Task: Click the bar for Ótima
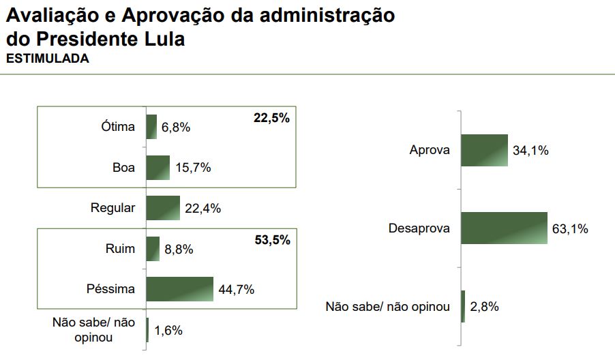[151, 127]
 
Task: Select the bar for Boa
[157, 168]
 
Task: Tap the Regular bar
[163, 208]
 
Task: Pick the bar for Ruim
[153, 249]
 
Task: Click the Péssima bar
[180, 289]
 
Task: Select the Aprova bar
[485, 150]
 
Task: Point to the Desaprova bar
[504, 228]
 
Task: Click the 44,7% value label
[237, 290]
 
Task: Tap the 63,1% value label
[570, 229]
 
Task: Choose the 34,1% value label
[531, 151]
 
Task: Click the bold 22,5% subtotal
[271, 118]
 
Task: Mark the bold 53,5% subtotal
[271, 240]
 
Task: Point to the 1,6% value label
[168, 331]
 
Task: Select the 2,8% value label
[485, 306]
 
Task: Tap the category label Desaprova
[419, 228]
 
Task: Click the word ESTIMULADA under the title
[48, 59]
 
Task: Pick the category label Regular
[113, 208]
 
